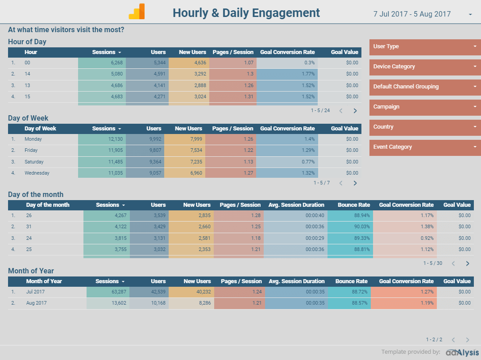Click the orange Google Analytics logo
click(137, 12)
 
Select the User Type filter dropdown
click(425, 46)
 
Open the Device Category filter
click(425, 67)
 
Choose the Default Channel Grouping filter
click(425, 87)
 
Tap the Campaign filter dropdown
click(425, 107)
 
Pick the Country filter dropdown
click(425, 127)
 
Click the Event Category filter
click(425, 147)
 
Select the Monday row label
click(33, 139)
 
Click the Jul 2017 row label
click(35, 292)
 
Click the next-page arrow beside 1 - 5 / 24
click(355, 111)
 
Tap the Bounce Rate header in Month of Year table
click(351, 281)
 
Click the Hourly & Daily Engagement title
click(246, 13)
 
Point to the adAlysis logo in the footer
click(462, 352)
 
